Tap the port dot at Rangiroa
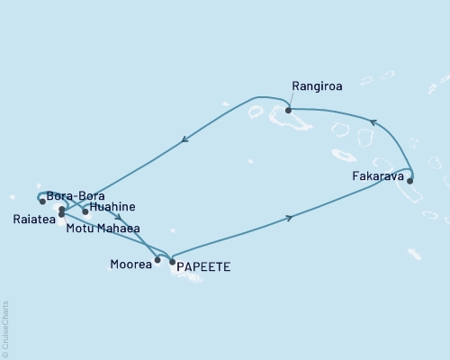(x=288, y=110)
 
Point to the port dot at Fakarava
(x=410, y=181)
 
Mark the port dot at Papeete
(x=172, y=262)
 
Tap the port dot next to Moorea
(x=157, y=261)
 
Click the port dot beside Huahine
(x=85, y=212)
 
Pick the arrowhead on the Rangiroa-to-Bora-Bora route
(x=184, y=139)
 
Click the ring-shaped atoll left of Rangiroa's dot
(x=255, y=112)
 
